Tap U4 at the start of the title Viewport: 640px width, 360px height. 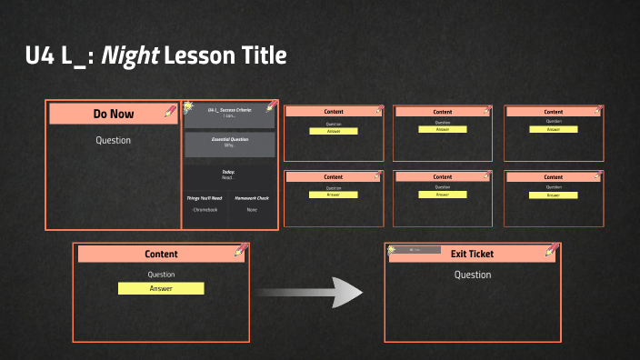(41, 56)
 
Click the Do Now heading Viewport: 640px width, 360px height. (113, 114)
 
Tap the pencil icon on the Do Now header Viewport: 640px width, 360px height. (170, 110)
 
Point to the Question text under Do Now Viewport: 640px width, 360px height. (113, 140)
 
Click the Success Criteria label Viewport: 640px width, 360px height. (228, 110)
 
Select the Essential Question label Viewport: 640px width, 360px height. (229, 139)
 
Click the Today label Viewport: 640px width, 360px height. (228, 171)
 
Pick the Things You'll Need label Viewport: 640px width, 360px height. (205, 197)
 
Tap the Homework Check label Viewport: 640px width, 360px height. (252, 197)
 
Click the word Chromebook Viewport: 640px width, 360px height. (205, 210)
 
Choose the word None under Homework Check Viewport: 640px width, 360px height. (252, 210)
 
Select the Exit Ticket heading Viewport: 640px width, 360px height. (472, 254)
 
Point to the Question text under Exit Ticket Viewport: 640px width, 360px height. (472, 275)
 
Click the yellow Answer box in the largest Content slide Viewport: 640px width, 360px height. (161, 288)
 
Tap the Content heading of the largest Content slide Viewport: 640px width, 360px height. (161, 255)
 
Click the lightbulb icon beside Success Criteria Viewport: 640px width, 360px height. (188, 107)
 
